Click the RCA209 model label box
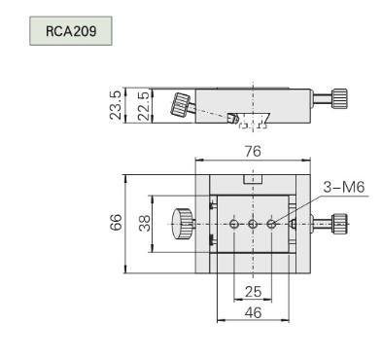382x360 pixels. tap(71, 31)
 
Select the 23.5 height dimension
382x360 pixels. tap(116, 105)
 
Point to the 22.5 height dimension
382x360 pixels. tap(143, 106)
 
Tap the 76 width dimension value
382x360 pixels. tap(253, 151)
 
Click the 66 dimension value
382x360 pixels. tap(116, 222)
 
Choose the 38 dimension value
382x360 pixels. tap(145, 223)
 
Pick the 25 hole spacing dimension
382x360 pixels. tap(253, 292)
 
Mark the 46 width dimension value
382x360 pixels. tap(253, 312)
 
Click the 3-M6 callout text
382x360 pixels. tap(344, 187)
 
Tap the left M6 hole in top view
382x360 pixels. tap(234, 224)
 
